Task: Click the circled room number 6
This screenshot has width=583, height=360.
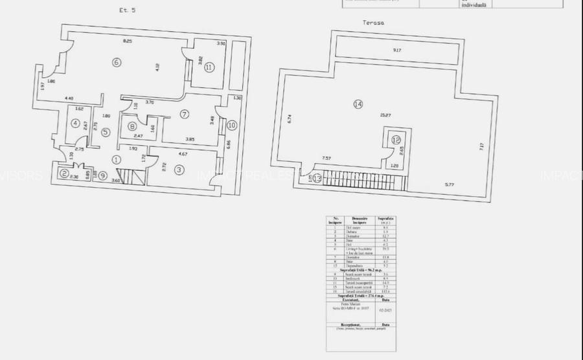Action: [x=116, y=63]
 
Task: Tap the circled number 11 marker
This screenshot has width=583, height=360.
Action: [x=209, y=67]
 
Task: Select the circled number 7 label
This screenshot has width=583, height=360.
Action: [x=184, y=115]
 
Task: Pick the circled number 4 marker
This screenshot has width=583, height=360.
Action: [x=76, y=123]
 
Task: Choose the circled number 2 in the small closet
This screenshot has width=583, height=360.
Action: [x=63, y=173]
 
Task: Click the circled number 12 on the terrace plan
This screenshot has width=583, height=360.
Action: [x=396, y=140]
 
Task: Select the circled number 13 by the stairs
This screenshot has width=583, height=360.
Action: [x=317, y=179]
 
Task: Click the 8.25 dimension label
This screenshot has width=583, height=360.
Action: [x=128, y=41]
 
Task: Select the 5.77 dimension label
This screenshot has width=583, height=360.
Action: [x=448, y=185]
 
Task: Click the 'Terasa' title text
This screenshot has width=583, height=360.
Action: [x=374, y=22]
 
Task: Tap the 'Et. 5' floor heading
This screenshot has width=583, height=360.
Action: [x=128, y=10]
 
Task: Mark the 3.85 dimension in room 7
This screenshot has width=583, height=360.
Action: [x=190, y=140]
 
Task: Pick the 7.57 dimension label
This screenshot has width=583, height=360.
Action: [x=326, y=157]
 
